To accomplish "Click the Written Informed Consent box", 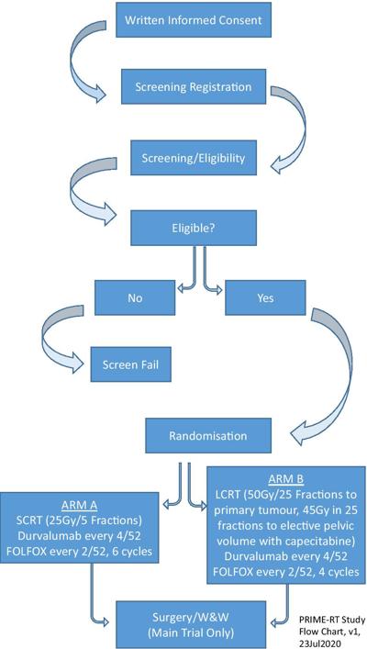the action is [x=194, y=20].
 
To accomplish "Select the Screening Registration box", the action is [x=194, y=87].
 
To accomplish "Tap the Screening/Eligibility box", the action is [x=194, y=158].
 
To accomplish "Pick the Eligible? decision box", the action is [x=194, y=228].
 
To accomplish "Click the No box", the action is [x=135, y=298].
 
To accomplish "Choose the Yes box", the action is [x=266, y=298].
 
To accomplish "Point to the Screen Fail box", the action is [x=131, y=364].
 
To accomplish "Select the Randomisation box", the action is [x=208, y=435].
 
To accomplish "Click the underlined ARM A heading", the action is [x=79, y=506].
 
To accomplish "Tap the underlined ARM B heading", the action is [x=286, y=479].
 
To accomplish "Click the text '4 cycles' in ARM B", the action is [x=339, y=572].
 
